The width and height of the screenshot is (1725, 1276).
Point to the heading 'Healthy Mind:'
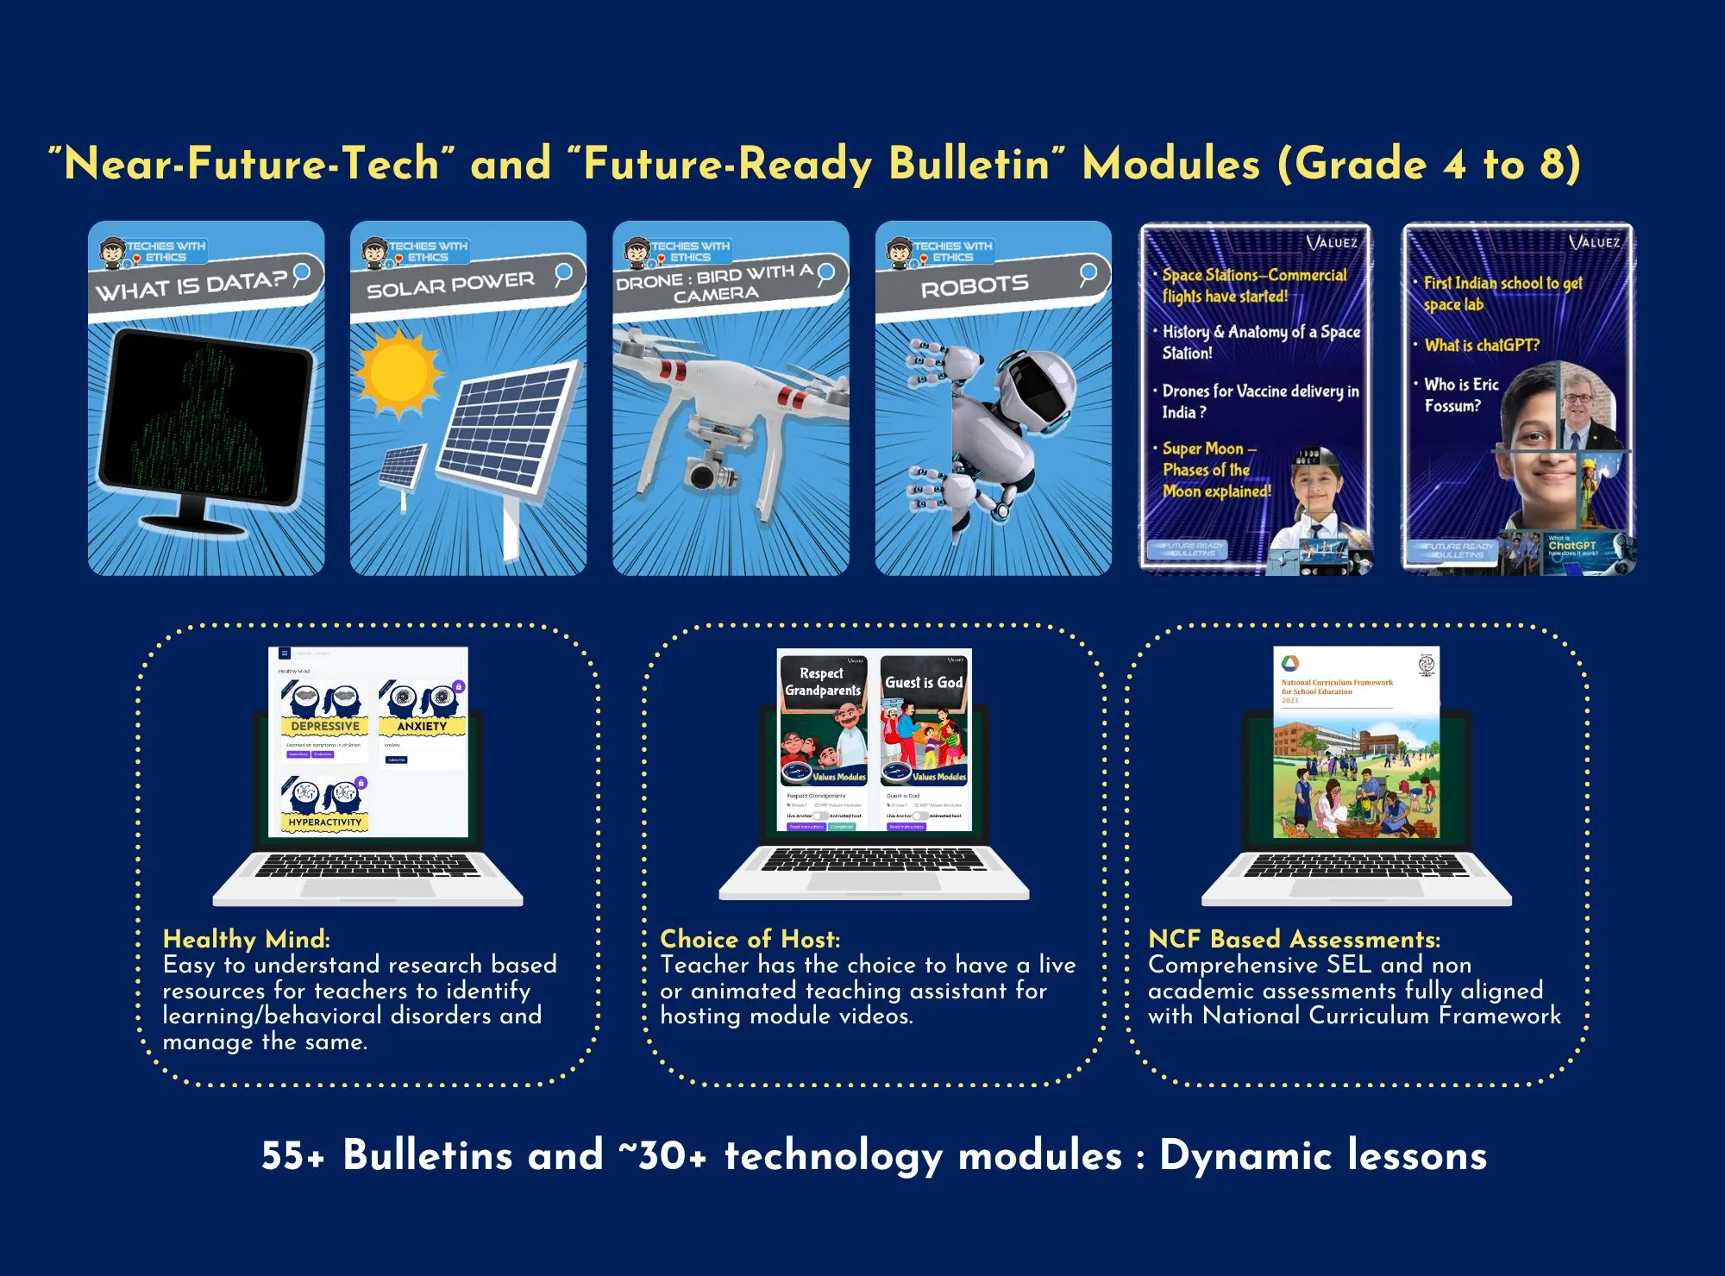coord(247,939)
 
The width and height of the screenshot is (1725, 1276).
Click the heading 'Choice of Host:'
coord(750,939)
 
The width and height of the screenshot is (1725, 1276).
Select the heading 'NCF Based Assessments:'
coord(1294,939)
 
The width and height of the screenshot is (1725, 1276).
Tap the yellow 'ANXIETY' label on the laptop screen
coord(422,727)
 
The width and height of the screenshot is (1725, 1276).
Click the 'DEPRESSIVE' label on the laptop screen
coord(325,727)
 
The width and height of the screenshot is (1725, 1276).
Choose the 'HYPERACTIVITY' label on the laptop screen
coord(325,823)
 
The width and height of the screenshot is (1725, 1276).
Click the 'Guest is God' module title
coord(924,683)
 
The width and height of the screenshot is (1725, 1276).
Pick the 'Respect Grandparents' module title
coord(822,682)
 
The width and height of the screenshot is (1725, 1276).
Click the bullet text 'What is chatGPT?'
coord(1482,346)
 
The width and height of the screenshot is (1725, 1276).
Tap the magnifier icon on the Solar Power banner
coord(563,274)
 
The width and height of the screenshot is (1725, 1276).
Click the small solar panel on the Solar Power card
coord(402,468)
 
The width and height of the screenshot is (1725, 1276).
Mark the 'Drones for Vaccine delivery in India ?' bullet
coord(1259,402)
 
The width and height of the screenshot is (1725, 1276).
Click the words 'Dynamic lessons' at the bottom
coord(1323,1156)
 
